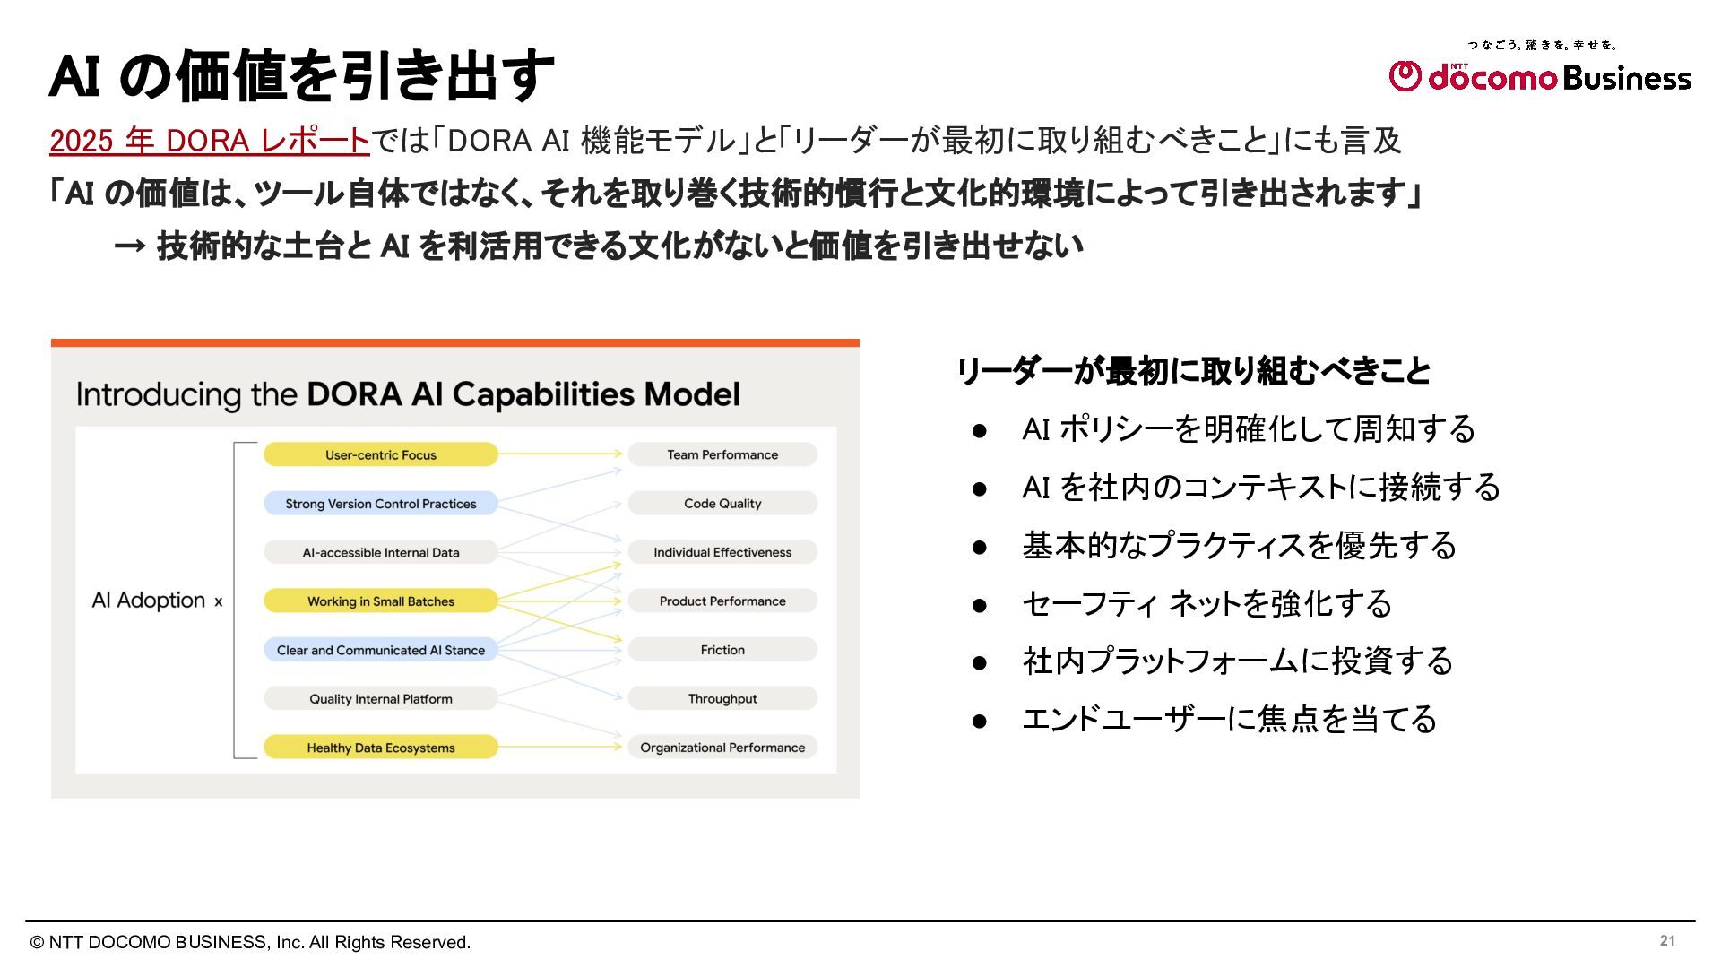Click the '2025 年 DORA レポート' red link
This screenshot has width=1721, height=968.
click(x=209, y=141)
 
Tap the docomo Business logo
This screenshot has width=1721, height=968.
click(x=1539, y=76)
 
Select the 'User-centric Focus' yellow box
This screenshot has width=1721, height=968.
click(x=380, y=454)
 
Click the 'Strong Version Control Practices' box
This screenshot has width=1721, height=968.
click(x=380, y=504)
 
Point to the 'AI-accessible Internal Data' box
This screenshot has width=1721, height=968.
click(x=380, y=552)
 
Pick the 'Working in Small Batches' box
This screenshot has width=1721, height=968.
click(x=380, y=601)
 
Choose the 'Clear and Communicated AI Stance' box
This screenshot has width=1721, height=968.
click(x=380, y=650)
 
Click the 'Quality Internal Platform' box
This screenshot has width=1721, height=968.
click(x=380, y=699)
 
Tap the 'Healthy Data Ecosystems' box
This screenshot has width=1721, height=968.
click(x=380, y=748)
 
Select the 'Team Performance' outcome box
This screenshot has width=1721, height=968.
click(x=722, y=454)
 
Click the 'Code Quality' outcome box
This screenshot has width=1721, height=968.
click(x=722, y=504)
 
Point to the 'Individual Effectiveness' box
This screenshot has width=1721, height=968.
click(x=722, y=552)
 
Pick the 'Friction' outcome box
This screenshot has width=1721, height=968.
click(x=722, y=650)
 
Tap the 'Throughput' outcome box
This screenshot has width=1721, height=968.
click(x=722, y=699)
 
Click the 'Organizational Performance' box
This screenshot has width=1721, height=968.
click(x=722, y=748)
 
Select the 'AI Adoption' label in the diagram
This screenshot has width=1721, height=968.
click(x=149, y=601)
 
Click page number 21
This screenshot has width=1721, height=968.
click(x=1667, y=940)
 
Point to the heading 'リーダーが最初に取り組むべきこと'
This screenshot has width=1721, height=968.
click(x=1193, y=371)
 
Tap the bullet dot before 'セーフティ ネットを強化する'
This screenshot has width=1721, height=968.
click(x=980, y=605)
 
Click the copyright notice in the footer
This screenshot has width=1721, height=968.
click(x=250, y=942)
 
